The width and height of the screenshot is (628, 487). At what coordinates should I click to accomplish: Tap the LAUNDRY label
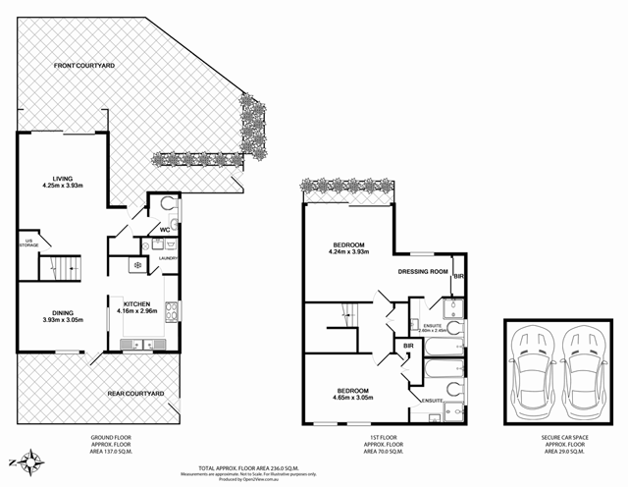click(167, 258)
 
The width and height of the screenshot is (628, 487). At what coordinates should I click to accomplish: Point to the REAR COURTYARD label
click(135, 393)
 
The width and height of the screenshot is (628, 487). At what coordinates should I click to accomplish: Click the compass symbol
click(33, 459)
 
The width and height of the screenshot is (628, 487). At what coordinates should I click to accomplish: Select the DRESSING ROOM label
click(423, 271)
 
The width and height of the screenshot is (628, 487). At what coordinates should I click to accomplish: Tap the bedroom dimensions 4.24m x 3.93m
click(348, 251)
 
